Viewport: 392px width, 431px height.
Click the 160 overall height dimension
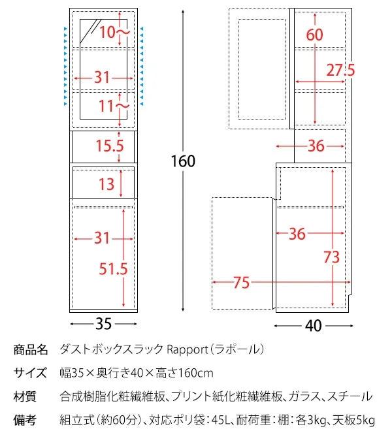point(183,161)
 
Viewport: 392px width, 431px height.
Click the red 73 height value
point(331,257)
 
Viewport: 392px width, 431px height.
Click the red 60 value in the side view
point(314,35)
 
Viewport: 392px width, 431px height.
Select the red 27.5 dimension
point(340,70)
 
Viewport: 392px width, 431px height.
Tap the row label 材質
point(25,396)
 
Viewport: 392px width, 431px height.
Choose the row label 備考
point(25,419)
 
